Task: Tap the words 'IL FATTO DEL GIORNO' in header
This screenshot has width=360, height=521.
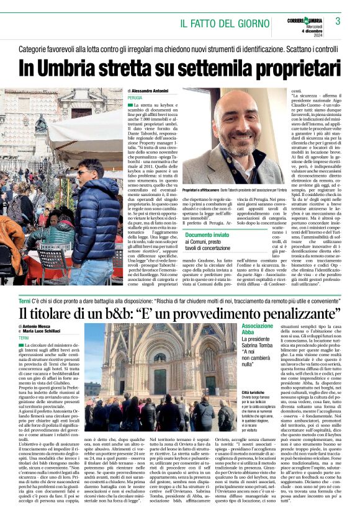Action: point(224,24)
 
